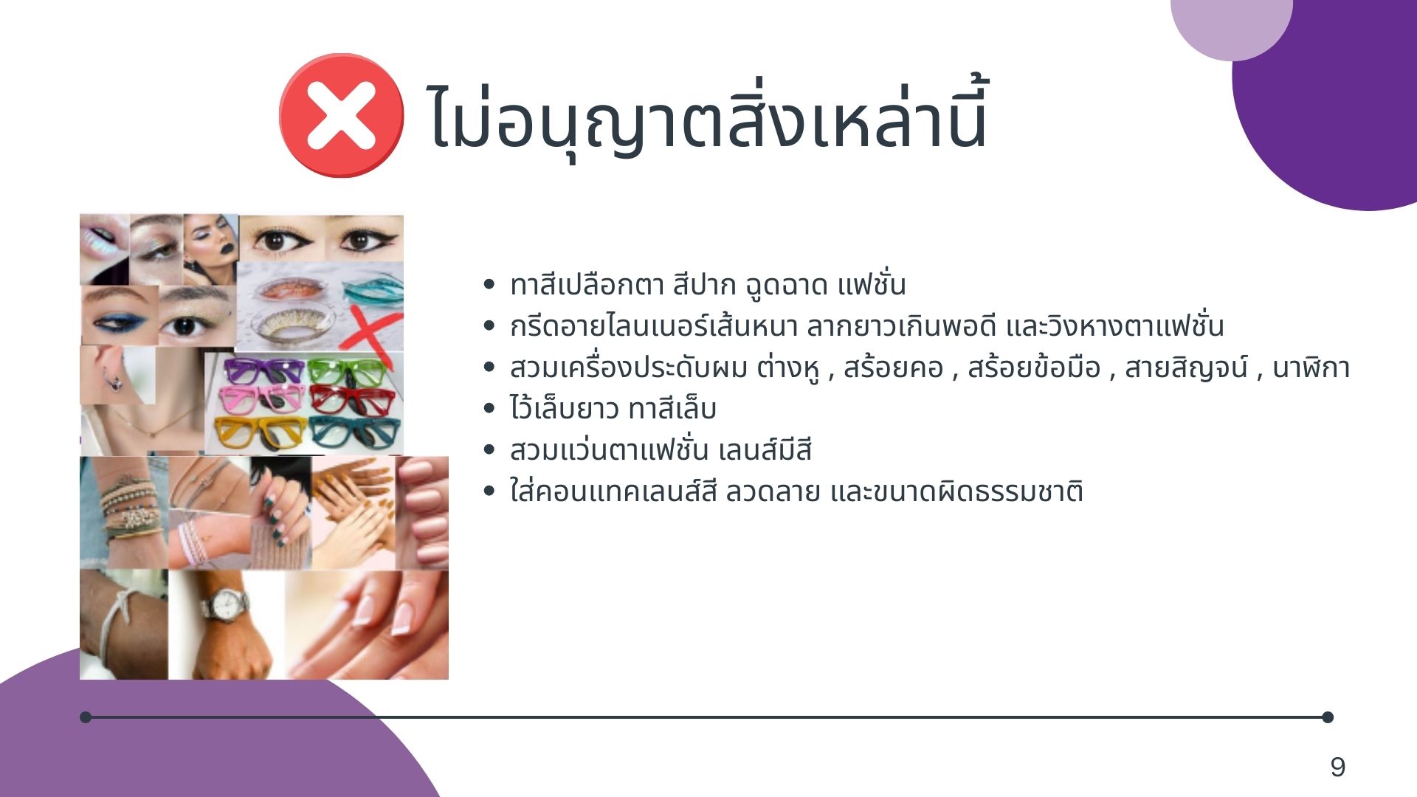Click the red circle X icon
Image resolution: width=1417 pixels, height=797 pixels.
(341, 115)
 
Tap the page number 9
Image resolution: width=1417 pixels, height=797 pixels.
(1337, 767)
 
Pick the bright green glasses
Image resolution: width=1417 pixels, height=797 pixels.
(347, 370)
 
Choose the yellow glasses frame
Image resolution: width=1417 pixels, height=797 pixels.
(259, 432)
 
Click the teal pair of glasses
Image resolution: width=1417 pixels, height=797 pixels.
(355, 432)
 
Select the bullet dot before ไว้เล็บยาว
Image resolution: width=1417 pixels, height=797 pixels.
(488, 408)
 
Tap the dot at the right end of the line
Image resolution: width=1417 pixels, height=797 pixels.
(1327, 717)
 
